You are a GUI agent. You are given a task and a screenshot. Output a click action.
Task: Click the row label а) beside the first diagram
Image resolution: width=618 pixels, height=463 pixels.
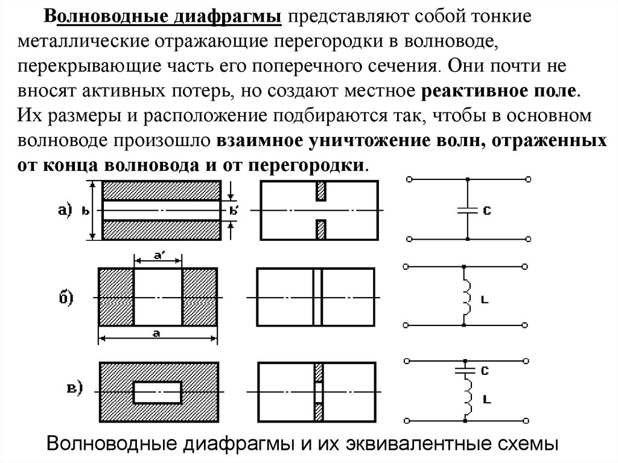pos(65,210)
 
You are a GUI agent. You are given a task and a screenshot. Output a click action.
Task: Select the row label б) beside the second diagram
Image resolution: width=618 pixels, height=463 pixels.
pos(65,297)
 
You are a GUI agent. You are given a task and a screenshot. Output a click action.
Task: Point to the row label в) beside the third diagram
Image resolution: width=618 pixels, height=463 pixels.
pos(74,388)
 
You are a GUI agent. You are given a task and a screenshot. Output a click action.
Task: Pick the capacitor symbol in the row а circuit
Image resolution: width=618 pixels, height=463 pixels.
pos(467,210)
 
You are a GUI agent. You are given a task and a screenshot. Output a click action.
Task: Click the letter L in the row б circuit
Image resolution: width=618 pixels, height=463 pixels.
pos(485,299)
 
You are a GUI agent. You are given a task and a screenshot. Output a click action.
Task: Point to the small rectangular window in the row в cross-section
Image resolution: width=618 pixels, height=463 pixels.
pos(158,392)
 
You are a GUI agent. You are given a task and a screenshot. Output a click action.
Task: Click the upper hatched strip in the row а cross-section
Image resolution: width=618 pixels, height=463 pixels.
pos(160,191)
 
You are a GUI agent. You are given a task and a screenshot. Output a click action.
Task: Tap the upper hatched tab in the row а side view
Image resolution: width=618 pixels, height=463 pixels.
pos(321,191)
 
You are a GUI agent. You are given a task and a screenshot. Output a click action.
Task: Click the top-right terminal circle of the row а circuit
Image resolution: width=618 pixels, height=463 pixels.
pos(529,179)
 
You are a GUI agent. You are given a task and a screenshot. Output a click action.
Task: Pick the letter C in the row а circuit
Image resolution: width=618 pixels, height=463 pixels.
pos(486,211)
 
